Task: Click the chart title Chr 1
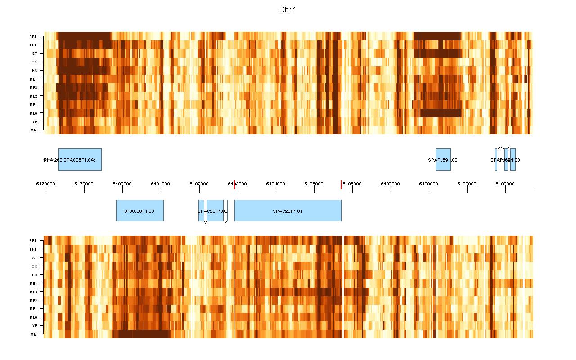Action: coord(288,10)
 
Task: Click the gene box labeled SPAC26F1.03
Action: coord(139,211)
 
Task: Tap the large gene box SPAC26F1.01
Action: coord(288,211)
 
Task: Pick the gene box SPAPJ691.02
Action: coord(443,159)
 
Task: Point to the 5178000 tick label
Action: coord(45,184)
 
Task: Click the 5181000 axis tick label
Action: coord(161,184)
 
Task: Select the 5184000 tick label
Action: coord(275,184)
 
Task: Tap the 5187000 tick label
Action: coord(390,184)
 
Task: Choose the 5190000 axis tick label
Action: coord(505,184)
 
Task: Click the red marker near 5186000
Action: coord(341,184)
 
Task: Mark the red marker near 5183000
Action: coord(234,184)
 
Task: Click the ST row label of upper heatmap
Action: coord(35,54)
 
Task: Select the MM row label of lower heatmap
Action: coord(34,334)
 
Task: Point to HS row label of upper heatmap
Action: coord(34,71)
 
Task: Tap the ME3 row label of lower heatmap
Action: coord(34,292)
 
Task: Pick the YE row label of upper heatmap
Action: coord(35,121)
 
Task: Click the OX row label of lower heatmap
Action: coord(34,266)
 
